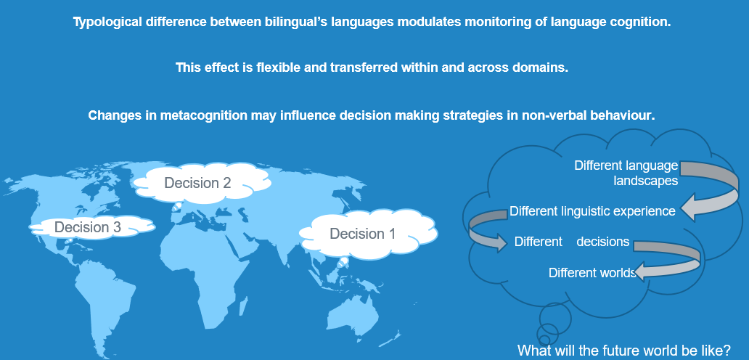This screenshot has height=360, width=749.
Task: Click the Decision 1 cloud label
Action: click(363, 234)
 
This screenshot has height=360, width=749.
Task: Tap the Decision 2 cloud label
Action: click(197, 183)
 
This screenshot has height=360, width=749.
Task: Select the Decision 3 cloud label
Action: click(87, 227)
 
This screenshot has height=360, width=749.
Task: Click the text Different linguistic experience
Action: click(592, 211)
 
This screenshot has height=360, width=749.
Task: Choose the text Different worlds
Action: click(592, 273)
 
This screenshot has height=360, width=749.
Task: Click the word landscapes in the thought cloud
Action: click(645, 181)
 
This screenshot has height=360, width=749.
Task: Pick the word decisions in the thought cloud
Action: click(603, 242)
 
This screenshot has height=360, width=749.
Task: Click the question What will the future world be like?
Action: click(624, 350)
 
